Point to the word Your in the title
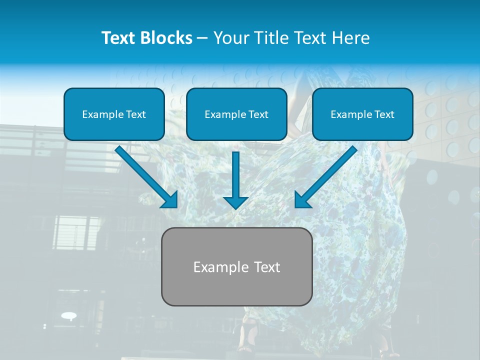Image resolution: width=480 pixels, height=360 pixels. (228, 38)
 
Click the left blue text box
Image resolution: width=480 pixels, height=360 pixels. (114, 114)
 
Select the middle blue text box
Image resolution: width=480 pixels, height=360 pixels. (236, 114)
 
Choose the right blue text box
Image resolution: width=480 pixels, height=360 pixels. (362, 114)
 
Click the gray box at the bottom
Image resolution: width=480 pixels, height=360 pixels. (236, 266)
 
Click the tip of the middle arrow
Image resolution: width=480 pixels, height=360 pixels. (235, 208)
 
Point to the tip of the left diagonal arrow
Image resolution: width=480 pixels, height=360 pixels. (176, 206)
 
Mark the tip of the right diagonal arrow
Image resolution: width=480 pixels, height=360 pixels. (296, 206)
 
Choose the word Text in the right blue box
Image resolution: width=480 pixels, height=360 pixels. (384, 114)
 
